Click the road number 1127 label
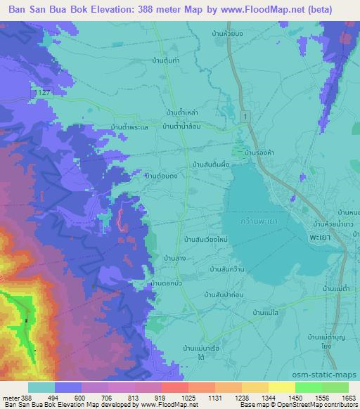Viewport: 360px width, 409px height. click(x=44, y=93)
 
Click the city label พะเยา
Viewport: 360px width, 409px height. click(x=338, y=238)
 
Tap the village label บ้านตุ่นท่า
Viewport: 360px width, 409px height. click(x=168, y=61)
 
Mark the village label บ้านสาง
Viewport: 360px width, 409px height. click(x=174, y=258)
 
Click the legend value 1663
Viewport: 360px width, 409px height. click(x=340, y=397)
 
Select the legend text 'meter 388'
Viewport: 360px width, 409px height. click(x=17, y=397)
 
